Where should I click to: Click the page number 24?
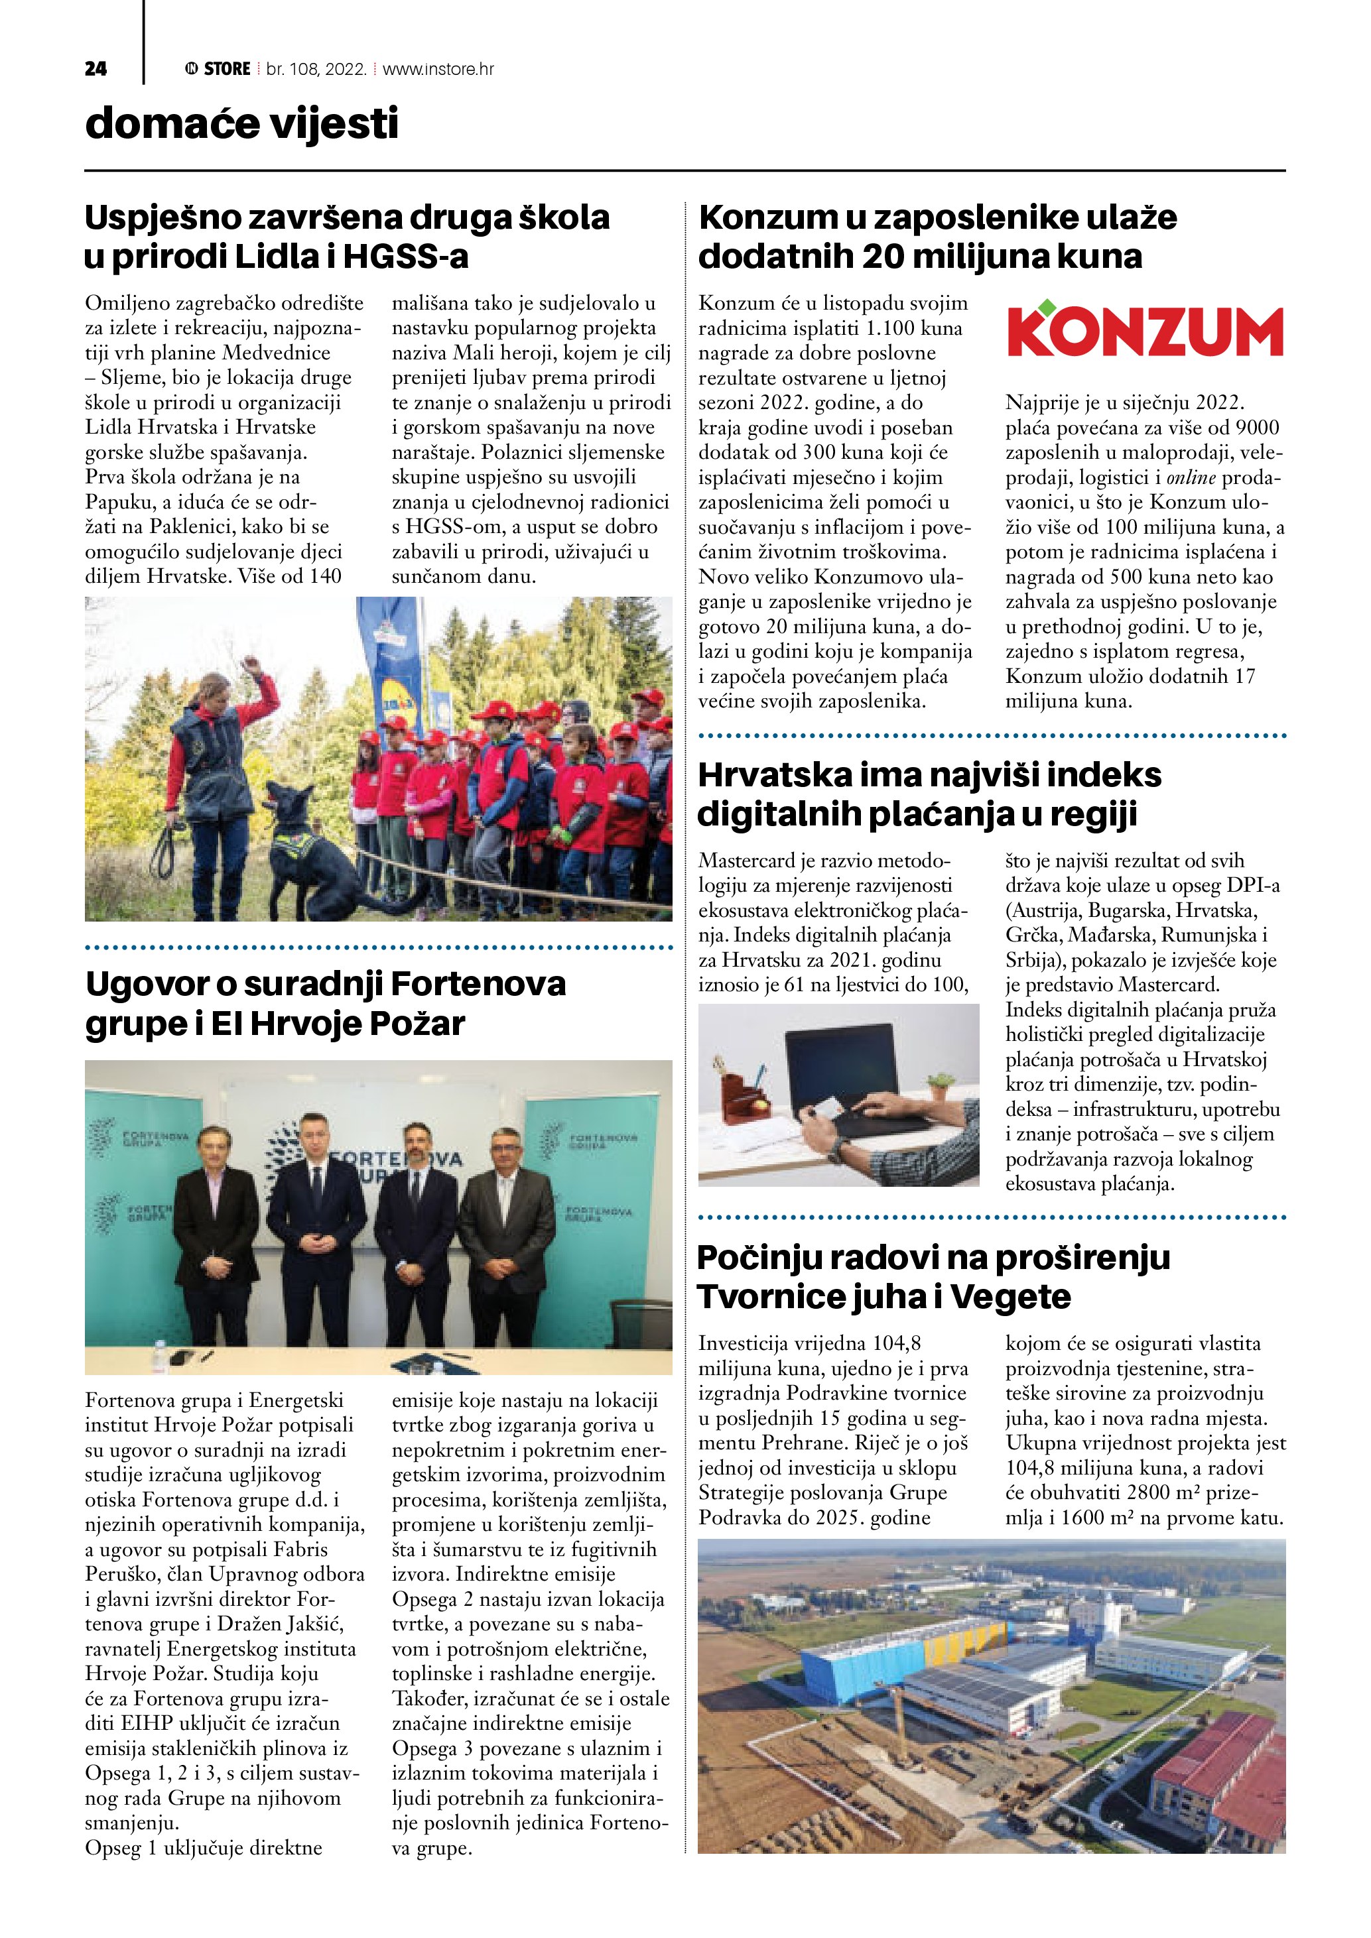point(96,69)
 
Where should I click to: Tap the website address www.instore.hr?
point(438,69)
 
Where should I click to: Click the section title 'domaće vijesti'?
point(241,123)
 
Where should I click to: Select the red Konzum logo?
point(1145,330)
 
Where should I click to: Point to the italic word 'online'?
point(1191,478)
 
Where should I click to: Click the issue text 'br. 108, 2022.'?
point(316,69)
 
